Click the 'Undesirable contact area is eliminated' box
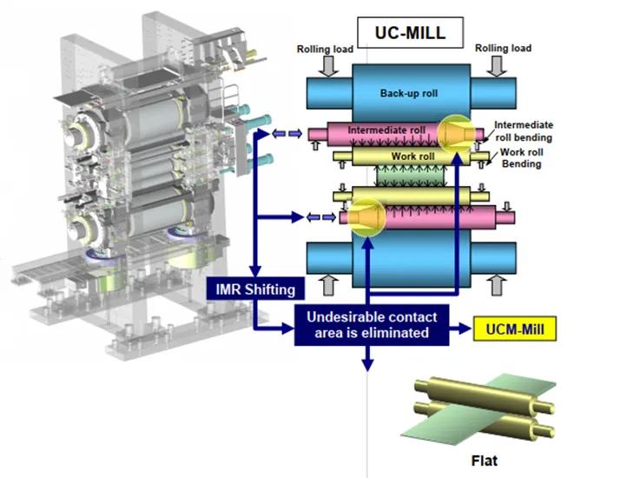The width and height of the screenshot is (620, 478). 371,325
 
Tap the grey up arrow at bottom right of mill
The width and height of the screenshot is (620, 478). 498,282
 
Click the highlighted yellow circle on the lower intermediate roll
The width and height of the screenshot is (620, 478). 366,216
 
